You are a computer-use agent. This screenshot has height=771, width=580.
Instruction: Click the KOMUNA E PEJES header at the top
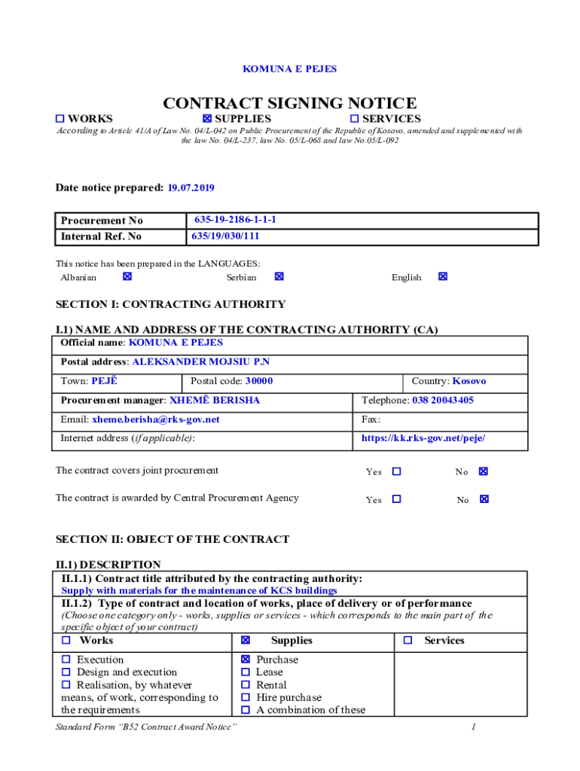(x=289, y=69)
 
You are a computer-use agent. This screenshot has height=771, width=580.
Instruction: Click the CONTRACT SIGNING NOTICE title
(x=290, y=103)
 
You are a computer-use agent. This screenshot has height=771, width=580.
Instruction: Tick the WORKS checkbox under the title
(x=61, y=119)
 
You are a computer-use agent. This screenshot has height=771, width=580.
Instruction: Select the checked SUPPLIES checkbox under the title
(x=207, y=119)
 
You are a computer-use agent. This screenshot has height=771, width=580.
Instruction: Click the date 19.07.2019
(x=191, y=187)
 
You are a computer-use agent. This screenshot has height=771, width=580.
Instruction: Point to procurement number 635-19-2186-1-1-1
(x=235, y=220)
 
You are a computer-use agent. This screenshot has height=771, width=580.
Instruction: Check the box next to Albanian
(x=127, y=277)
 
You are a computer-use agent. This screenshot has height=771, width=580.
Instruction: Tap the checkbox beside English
(x=443, y=277)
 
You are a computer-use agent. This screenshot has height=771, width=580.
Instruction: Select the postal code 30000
(x=259, y=381)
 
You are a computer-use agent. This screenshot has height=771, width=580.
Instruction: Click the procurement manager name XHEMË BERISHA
(x=215, y=401)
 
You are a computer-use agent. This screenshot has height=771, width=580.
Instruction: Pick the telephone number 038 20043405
(x=443, y=401)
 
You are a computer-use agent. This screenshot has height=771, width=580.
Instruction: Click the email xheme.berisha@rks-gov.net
(x=156, y=419)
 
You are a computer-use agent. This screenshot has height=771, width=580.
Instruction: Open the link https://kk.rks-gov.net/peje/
(x=423, y=438)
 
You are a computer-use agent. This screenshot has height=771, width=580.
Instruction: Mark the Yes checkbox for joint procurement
(x=397, y=472)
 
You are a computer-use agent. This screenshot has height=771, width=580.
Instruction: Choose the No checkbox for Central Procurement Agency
(x=484, y=499)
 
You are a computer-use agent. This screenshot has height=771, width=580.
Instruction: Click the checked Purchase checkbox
(x=246, y=660)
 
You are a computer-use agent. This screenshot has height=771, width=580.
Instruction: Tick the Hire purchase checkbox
(x=246, y=697)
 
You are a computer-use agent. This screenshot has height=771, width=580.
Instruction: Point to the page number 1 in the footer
(x=473, y=727)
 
